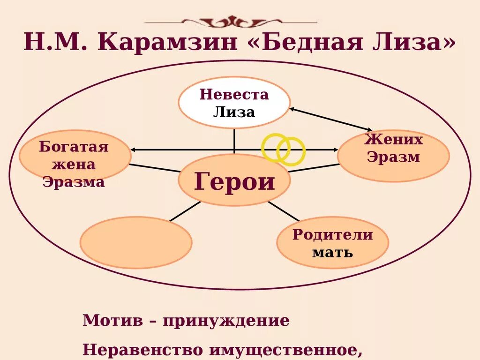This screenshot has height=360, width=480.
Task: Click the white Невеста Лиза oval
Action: click(x=234, y=103)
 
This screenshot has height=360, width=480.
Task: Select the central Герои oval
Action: click(x=234, y=180)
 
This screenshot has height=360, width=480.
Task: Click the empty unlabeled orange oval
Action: click(x=136, y=242)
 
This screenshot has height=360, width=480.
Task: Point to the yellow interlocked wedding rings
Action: click(x=283, y=149)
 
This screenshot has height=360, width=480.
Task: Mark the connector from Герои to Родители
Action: click(x=283, y=211)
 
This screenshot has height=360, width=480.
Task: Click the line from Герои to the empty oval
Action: click(x=185, y=211)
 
